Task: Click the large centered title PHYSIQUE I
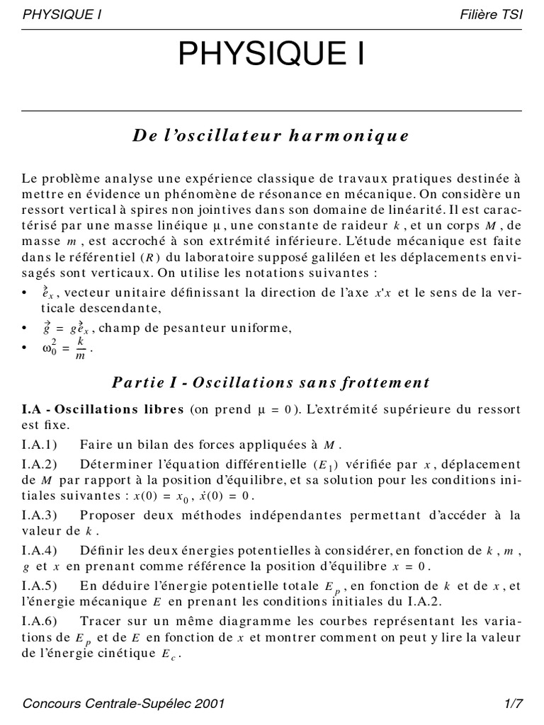coord(271,55)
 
